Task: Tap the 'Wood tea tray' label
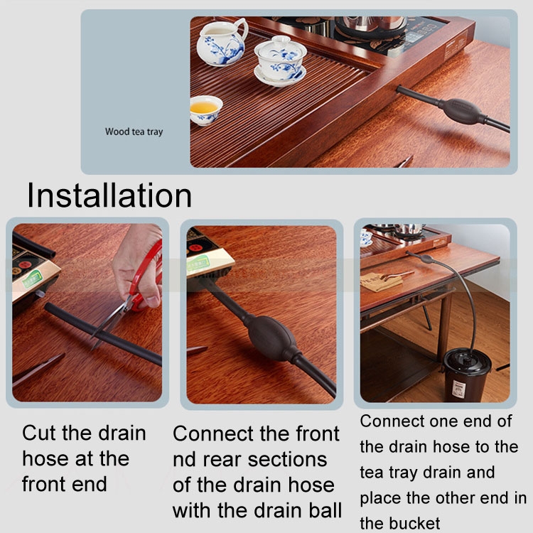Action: click(x=134, y=131)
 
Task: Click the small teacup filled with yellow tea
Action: click(x=205, y=110)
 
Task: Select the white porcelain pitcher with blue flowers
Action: click(x=222, y=42)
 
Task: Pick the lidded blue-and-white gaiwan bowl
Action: click(x=280, y=61)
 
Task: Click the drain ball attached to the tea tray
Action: click(x=462, y=110)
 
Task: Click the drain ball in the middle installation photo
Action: click(x=269, y=338)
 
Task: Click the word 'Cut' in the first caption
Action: click(x=39, y=433)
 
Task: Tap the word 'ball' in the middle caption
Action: click(x=325, y=510)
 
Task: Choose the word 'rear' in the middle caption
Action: click(x=223, y=460)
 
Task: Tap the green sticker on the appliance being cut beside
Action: click(x=33, y=279)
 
